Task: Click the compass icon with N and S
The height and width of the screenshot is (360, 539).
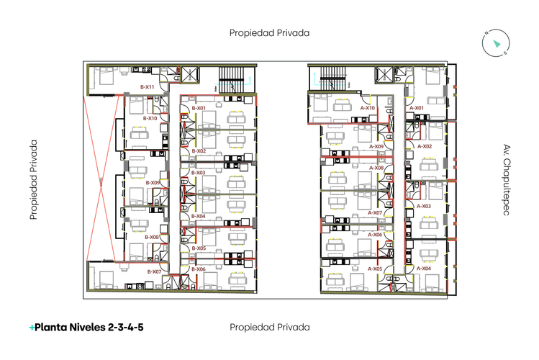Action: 496,43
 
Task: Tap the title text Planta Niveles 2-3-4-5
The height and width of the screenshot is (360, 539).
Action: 86,328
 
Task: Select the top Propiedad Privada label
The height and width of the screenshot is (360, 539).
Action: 269,32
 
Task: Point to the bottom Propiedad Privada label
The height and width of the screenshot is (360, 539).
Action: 269,327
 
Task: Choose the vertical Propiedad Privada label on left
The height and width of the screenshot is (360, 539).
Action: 33,179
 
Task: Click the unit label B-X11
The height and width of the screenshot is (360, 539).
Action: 147,87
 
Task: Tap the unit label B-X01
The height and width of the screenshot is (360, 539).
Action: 199,108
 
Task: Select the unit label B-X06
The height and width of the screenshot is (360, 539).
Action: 199,269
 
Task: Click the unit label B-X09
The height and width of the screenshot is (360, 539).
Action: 153,183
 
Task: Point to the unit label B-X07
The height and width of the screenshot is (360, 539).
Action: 154,271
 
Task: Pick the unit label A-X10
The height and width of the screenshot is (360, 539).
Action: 367,108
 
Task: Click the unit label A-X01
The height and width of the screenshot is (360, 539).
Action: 417,108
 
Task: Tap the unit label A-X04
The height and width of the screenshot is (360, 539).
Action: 424,268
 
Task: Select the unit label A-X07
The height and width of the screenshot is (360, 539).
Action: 375,212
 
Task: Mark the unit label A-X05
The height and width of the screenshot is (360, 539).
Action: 375,269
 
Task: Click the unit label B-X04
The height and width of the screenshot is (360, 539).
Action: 199,216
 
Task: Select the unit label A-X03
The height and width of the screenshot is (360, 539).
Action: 424,206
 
